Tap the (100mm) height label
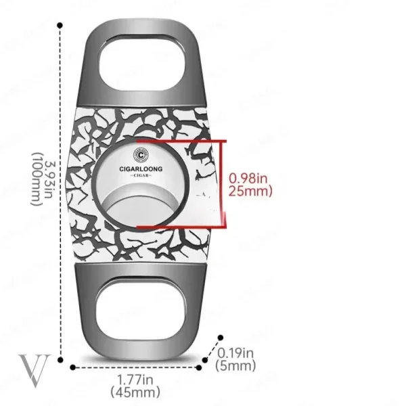point(37,179)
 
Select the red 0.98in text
point(248,178)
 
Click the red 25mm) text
point(250,191)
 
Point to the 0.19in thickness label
point(235,353)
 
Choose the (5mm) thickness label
point(235,365)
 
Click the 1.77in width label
point(135,380)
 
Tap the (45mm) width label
point(135,392)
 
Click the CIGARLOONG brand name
point(141,168)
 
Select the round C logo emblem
point(141,155)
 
